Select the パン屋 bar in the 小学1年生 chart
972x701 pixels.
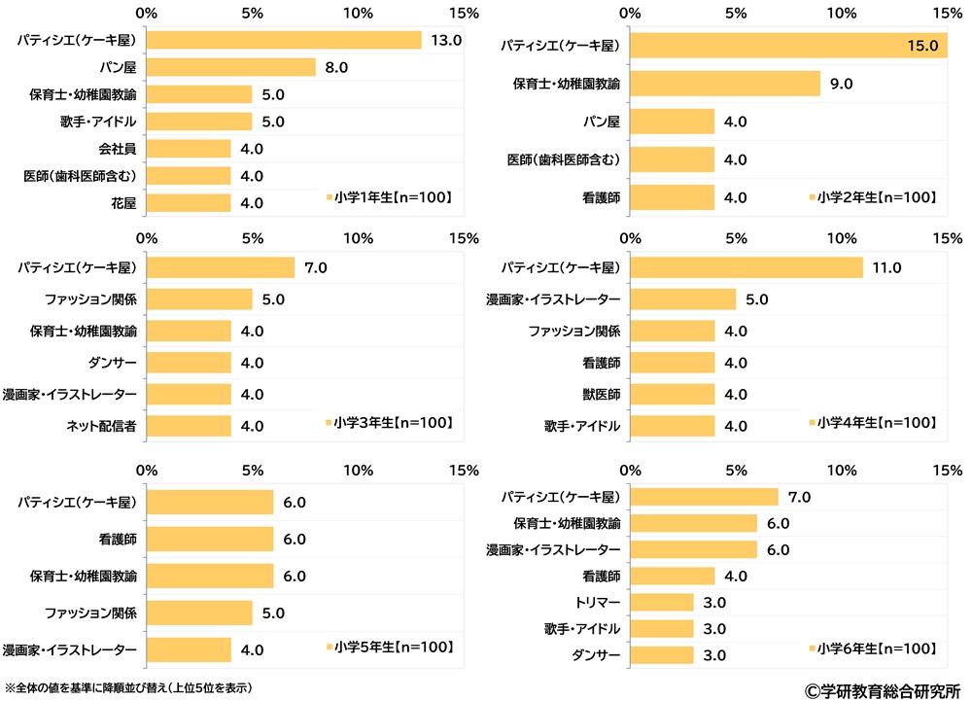[231, 67]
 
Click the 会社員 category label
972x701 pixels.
[117, 149]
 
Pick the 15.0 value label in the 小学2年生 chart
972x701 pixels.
[923, 45]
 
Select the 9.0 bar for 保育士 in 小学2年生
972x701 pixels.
[725, 84]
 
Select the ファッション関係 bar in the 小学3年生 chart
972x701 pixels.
[199, 299]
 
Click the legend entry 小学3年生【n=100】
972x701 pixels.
[393, 423]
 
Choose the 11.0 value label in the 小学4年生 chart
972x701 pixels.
[888, 267]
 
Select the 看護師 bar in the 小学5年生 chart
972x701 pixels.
[210, 540]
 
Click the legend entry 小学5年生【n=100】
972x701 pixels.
[393, 648]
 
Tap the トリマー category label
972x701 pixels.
[595, 602]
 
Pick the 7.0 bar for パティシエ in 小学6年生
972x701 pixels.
[704, 497]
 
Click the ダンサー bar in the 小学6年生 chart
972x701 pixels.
[662, 654]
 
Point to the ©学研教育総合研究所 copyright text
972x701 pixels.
[882, 688]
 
